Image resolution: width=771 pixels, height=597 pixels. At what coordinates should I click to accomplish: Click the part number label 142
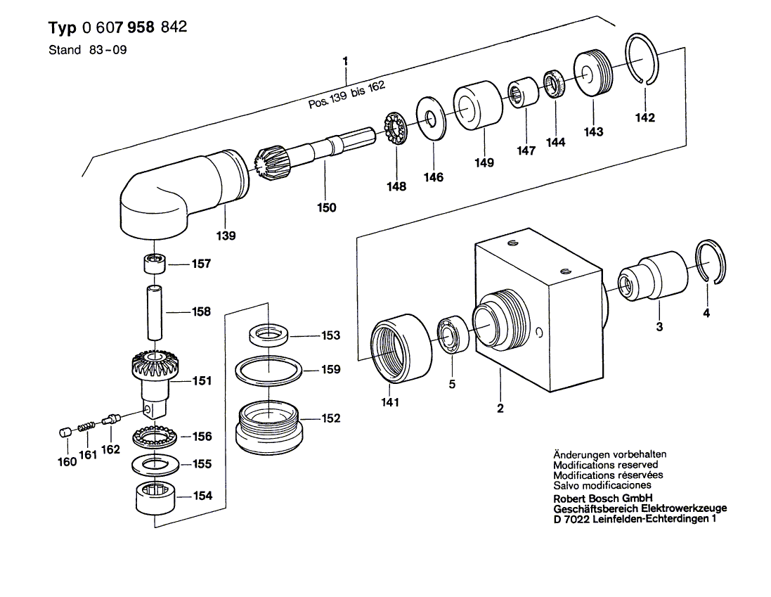point(644,117)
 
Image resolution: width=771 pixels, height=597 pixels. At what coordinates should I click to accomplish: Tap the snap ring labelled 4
point(713,262)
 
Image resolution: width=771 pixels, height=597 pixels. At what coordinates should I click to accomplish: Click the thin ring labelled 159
point(268,370)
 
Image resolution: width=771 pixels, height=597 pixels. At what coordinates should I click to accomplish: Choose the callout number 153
point(330,335)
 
